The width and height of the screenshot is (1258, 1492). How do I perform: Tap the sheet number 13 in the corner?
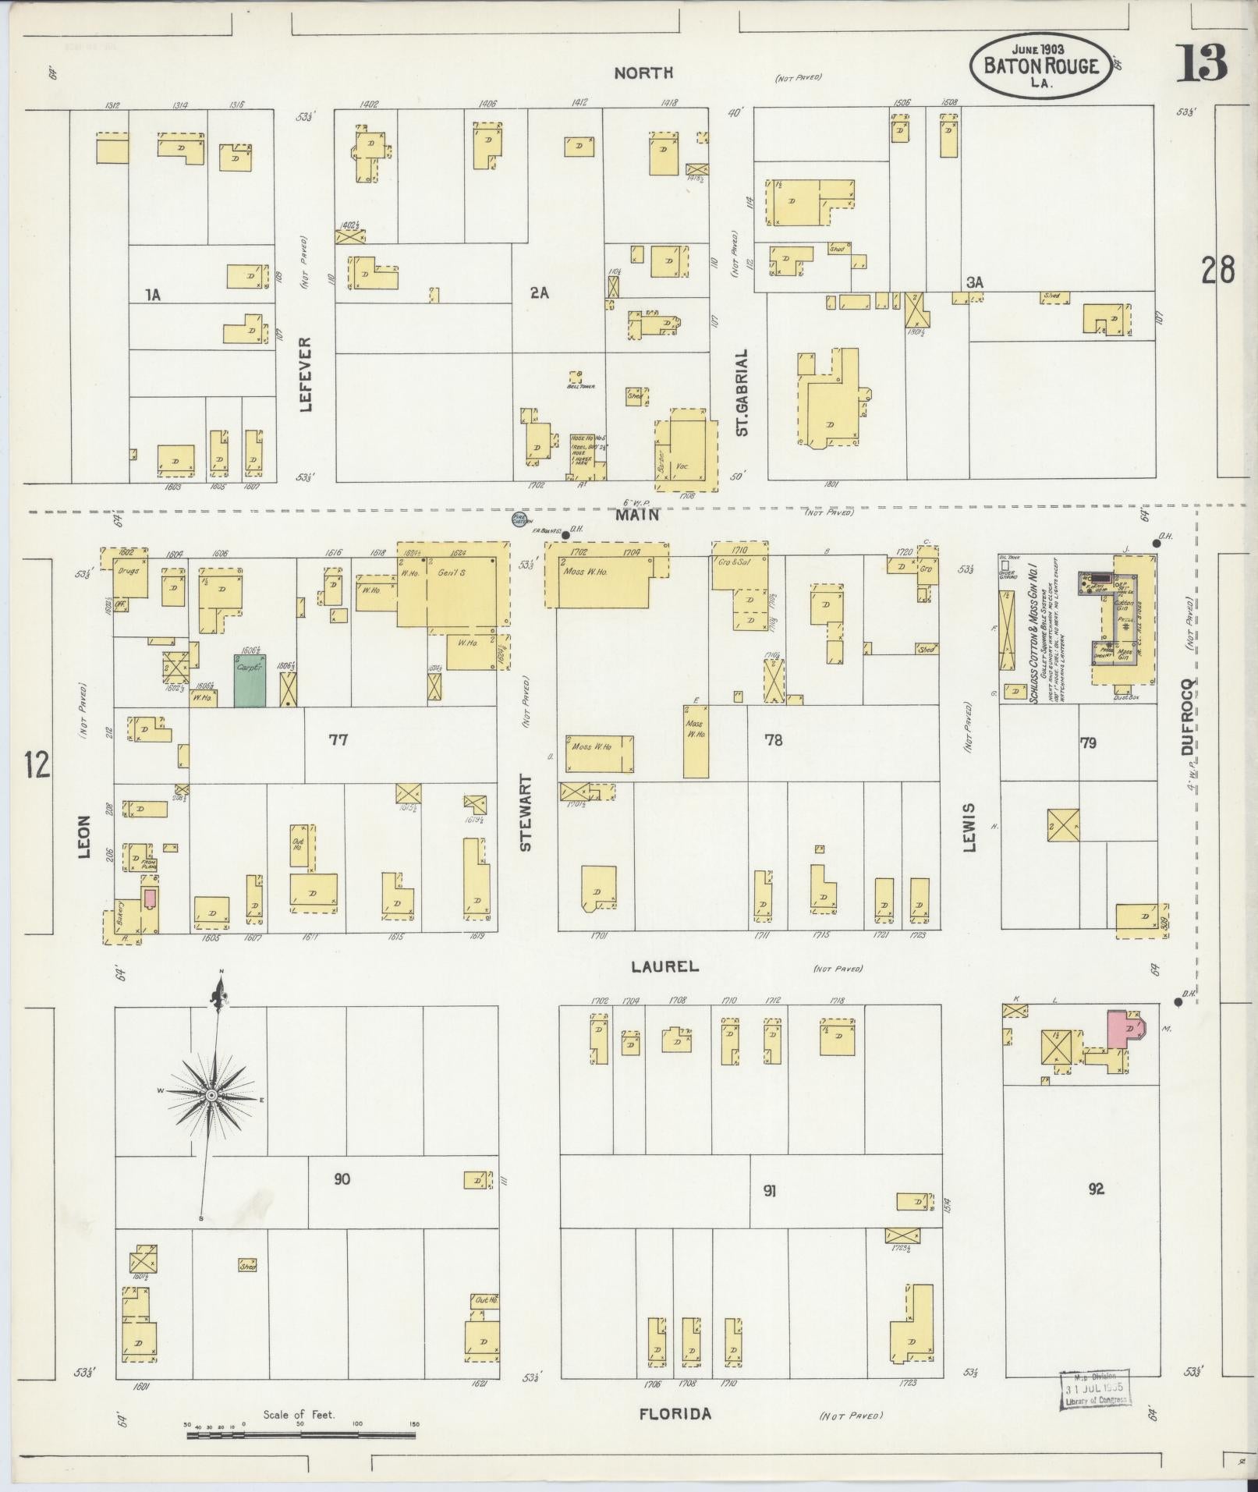point(1202,64)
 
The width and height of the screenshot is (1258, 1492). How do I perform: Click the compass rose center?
point(211,1096)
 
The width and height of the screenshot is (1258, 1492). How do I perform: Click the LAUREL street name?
point(664,966)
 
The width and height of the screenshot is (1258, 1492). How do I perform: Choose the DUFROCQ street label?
point(1187,716)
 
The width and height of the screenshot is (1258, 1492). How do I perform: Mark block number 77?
point(338,739)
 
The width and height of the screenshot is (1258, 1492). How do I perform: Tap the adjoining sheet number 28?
point(1217,271)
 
